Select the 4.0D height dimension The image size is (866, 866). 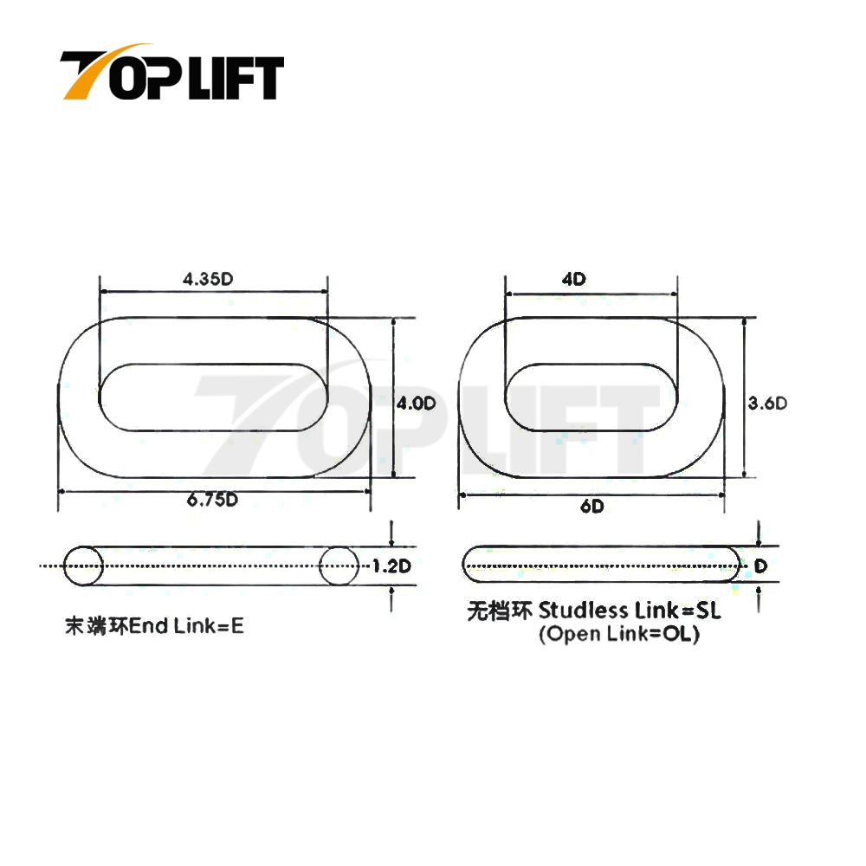(x=415, y=404)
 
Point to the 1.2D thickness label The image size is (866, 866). (x=390, y=567)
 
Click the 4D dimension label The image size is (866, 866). (x=574, y=279)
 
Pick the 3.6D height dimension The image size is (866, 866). (x=766, y=403)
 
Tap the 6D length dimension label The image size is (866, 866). (x=592, y=507)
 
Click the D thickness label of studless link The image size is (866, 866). (x=760, y=566)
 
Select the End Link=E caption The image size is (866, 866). (x=186, y=625)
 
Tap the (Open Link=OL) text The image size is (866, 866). (x=619, y=635)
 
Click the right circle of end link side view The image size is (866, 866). (x=339, y=566)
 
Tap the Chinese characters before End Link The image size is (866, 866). (x=95, y=625)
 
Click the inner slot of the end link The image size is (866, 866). (x=215, y=397)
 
